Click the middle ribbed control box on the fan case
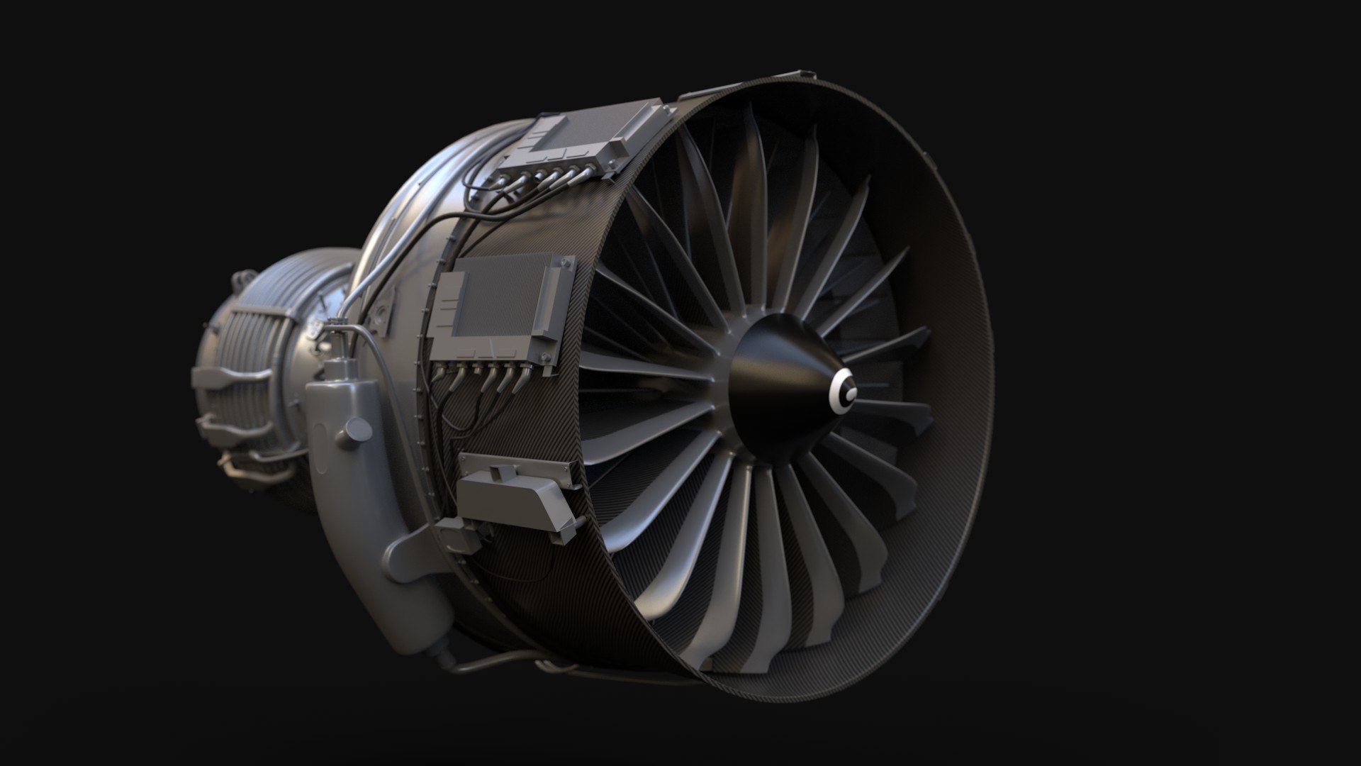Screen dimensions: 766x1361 point(496,305)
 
